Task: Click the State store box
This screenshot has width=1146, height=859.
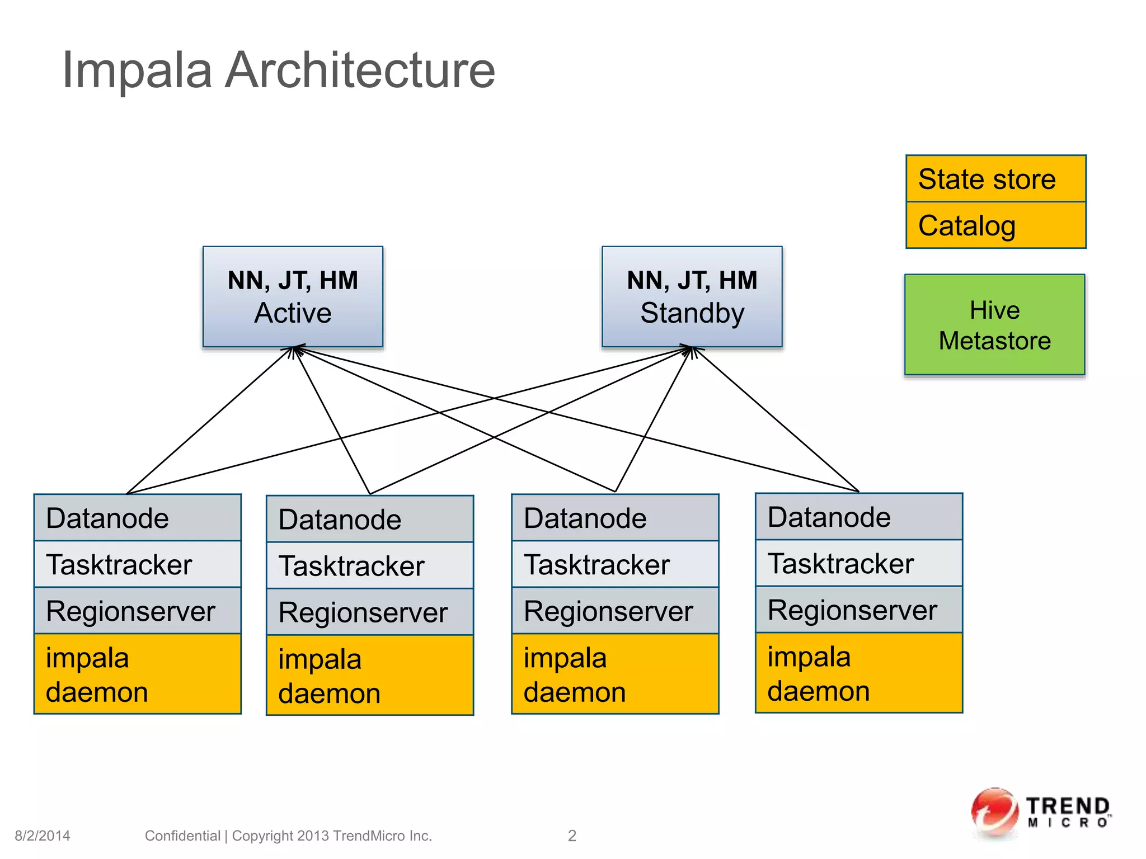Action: [995, 179]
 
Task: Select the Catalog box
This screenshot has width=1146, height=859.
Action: [995, 225]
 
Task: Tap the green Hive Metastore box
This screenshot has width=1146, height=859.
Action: [994, 324]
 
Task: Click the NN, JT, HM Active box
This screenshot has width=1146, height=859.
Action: [293, 296]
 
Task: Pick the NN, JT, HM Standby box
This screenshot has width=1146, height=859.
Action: [692, 296]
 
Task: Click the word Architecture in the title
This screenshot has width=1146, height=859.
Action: [360, 70]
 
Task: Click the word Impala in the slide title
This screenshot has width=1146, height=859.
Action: [137, 70]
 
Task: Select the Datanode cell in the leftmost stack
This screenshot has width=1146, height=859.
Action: [137, 518]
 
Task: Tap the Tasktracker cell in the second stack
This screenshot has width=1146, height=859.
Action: [369, 565]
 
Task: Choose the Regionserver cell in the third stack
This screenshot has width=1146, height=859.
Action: [614, 611]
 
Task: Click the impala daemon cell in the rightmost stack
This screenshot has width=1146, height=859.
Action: [858, 673]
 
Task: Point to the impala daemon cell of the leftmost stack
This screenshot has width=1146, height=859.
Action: [137, 674]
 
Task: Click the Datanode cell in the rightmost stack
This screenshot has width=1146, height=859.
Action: [858, 517]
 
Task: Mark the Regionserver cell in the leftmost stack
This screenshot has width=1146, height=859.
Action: [137, 611]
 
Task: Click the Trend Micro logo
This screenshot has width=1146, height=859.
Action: [1041, 814]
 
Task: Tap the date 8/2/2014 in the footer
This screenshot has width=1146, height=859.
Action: [43, 836]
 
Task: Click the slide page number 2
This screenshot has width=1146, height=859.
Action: [572, 836]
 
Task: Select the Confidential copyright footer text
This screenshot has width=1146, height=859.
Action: [288, 836]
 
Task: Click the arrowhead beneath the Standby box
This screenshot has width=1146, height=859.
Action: [692, 350]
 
